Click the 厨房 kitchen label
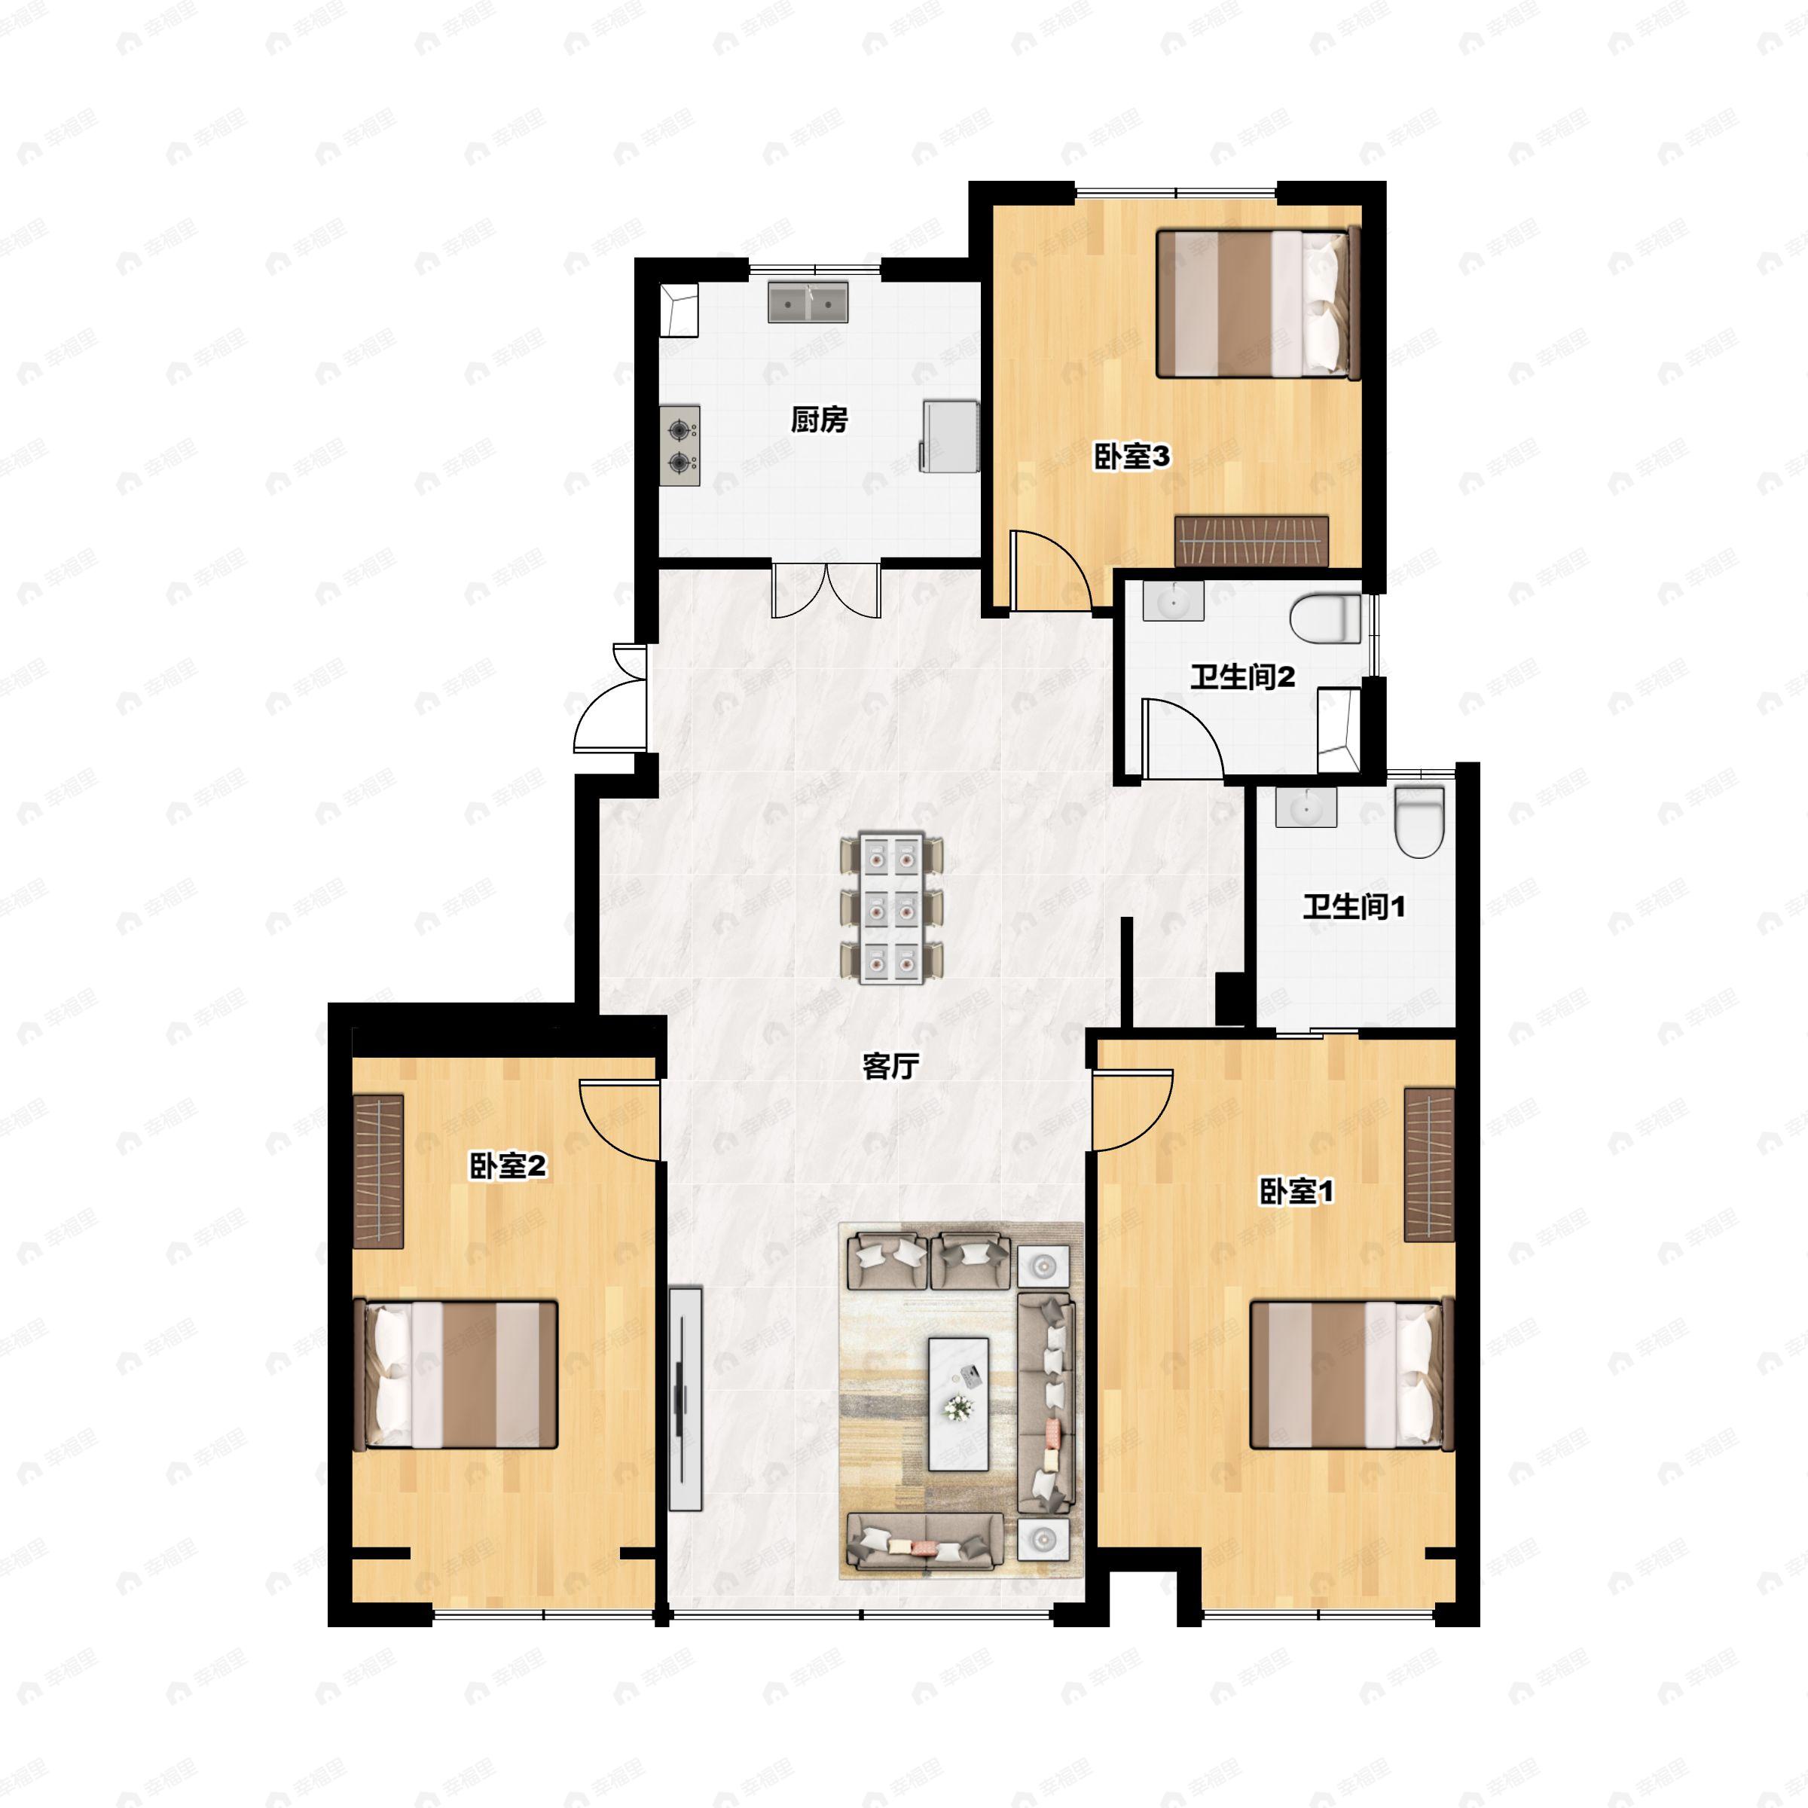pos(819,420)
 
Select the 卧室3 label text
pos(1132,457)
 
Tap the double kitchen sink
pos(808,302)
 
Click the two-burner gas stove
pos(680,445)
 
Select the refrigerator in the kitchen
pos(950,436)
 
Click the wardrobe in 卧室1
pos(1429,1165)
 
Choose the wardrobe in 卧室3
pos(1251,540)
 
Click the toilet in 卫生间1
pos(1419,820)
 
